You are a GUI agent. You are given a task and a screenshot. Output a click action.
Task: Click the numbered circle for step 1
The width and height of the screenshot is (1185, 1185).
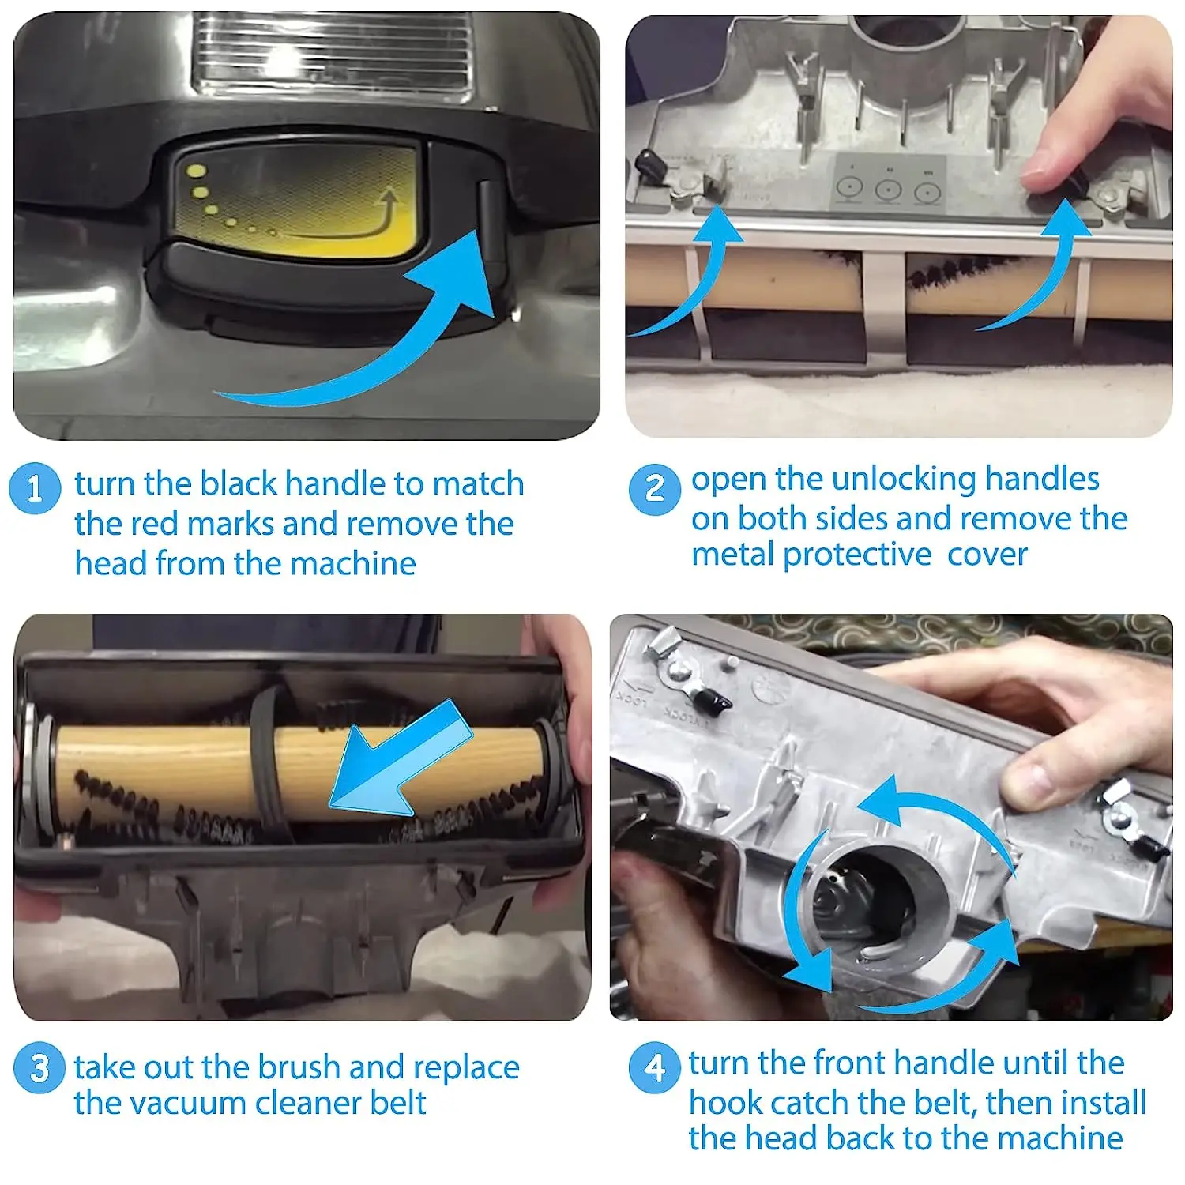coord(35,488)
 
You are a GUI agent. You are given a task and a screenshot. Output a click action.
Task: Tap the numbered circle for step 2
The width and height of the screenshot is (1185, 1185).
coord(654,489)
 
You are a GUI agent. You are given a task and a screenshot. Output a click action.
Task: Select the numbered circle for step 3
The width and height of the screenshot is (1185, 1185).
coord(39,1068)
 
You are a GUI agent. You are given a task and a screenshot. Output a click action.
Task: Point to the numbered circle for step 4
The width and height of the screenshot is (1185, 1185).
coord(654,1067)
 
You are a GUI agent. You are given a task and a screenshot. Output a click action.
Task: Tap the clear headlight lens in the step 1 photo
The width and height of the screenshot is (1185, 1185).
coord(336,51)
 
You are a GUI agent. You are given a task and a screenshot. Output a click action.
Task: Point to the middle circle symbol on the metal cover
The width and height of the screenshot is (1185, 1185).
coord(888,190)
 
